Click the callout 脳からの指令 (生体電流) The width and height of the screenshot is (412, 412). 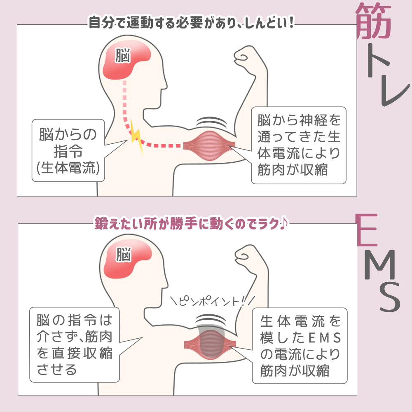[68, 151]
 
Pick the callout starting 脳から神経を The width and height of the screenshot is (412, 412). [299, 145]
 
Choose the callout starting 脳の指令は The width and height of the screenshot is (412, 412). [74, 344]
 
